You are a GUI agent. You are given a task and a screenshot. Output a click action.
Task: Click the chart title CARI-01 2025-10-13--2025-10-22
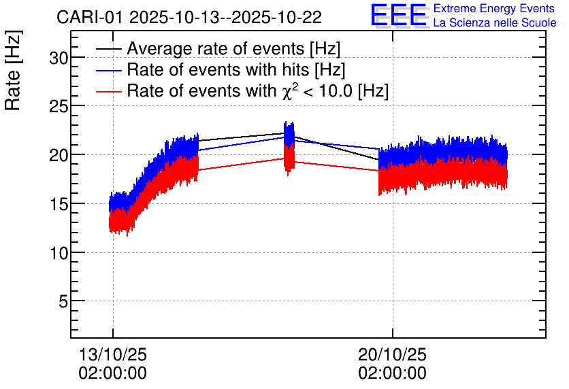(x=189, y=17)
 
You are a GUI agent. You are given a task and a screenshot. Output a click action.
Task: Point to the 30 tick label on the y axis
(x=59, y=58)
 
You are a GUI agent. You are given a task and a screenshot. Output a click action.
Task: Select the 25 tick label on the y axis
(x=59, y=107)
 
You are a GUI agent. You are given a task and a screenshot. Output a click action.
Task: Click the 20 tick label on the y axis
(x=59, y=155)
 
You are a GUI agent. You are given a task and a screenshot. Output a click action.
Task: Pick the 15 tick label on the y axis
(x=59, y=203)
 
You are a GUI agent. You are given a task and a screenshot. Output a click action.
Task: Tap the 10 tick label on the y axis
(x=59, y=252)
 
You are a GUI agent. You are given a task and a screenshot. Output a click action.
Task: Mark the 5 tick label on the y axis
(x=63, y=301)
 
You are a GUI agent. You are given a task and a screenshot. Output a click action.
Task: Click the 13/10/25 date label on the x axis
(x=113, y=355)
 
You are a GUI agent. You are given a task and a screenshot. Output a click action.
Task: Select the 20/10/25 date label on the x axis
(x=392, y=355)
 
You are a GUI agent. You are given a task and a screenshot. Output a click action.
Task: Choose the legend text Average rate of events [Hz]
(x=233, y=49)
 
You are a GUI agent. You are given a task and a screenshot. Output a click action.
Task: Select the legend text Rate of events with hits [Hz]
(x=235, y=70)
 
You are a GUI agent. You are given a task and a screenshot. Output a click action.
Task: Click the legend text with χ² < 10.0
(x=257, y=90)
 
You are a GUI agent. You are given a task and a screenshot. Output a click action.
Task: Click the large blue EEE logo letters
(x=400, y=15)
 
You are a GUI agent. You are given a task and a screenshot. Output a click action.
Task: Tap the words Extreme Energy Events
(x=495, y=9)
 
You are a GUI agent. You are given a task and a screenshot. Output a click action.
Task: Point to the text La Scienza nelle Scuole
(x=495, y=23)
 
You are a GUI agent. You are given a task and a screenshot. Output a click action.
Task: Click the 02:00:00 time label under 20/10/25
(x=392, y=373)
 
